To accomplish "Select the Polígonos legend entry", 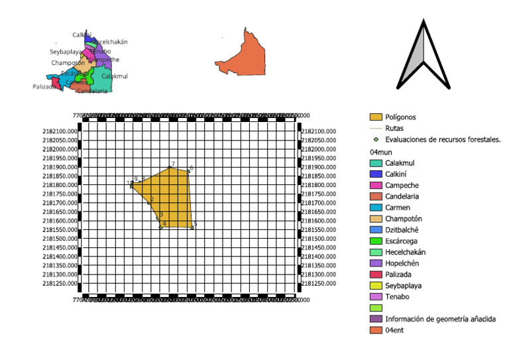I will coord(376,117).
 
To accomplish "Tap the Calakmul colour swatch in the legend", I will coord(376,163).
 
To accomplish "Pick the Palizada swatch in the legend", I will coord(376,274).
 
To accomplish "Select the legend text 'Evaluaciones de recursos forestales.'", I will coord(442,140).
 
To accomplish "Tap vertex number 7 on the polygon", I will coord(170,167).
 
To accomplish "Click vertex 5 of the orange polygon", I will coord(192,227).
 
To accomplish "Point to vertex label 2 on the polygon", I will coord(152,199).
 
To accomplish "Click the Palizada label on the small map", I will coord(44,87).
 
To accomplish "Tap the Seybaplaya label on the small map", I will coord(66,52).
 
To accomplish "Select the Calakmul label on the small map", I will coord(115,76).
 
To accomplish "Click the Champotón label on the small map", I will coord(68,63).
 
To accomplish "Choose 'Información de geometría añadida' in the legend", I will coord(440,319).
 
